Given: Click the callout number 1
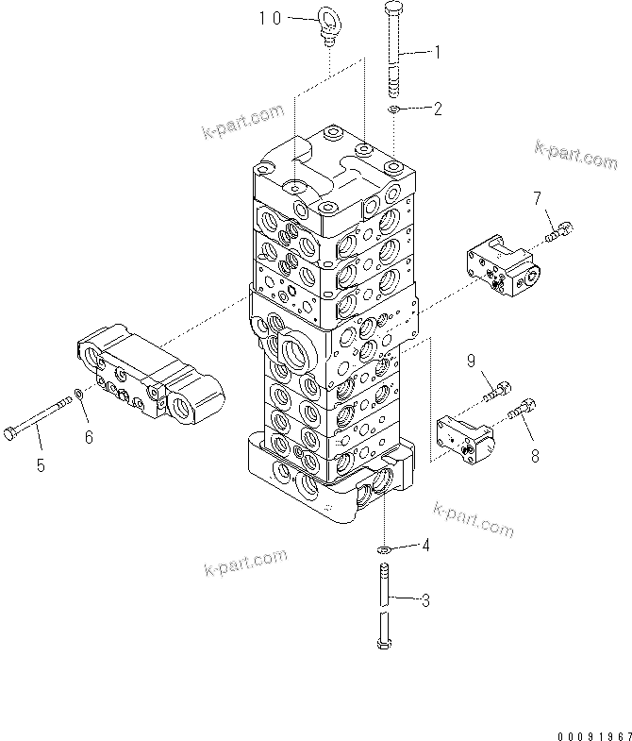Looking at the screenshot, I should click(x=437, y=54).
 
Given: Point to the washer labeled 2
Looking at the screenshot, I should click(x=396, y=111).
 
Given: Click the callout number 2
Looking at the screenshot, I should click(x=437, y=109).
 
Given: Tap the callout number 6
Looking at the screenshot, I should click(x=91, y=436).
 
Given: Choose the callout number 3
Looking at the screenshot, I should click(x=425, y=598).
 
